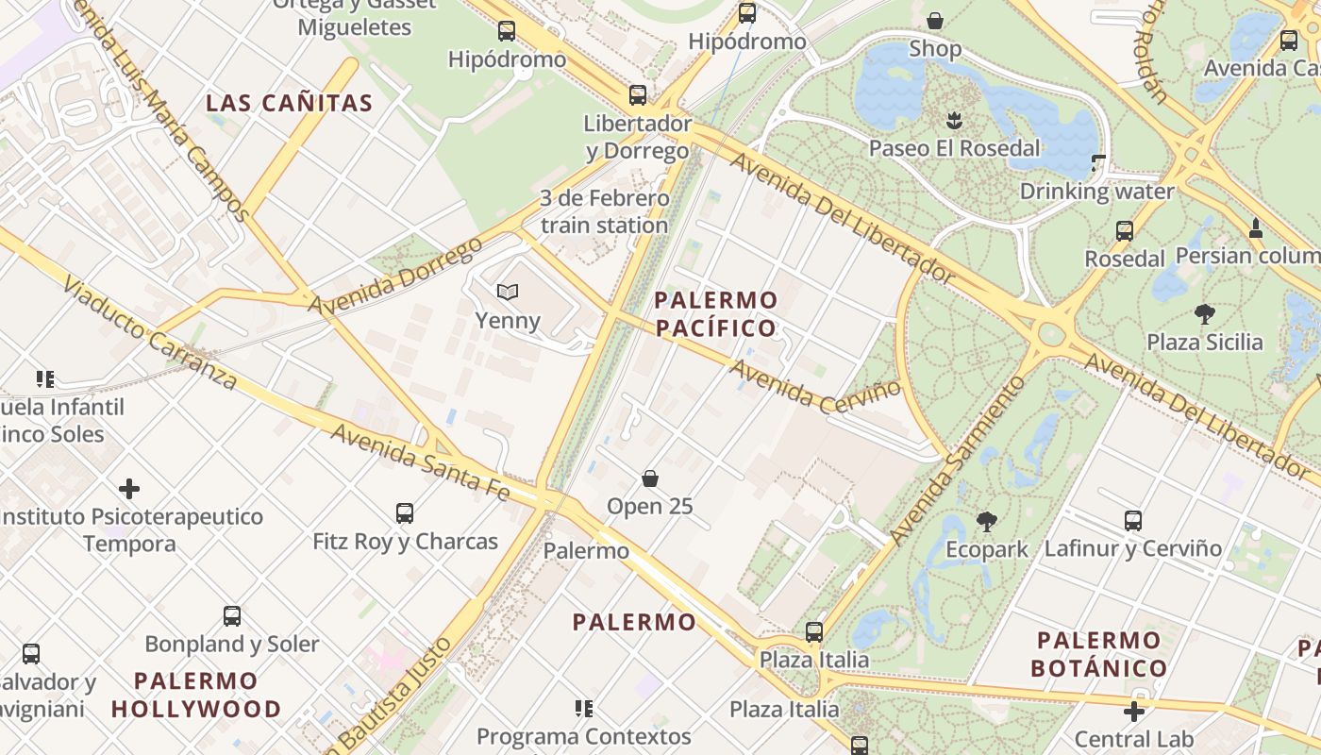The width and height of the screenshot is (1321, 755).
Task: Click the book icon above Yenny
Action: (508, 293)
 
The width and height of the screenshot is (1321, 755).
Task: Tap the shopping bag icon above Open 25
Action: (650, 478)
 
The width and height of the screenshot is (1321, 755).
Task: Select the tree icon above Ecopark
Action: (987, 521)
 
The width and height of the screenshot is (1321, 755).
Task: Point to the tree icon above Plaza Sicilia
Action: (1204, 313)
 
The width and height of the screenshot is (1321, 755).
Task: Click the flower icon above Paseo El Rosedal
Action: (954, 120)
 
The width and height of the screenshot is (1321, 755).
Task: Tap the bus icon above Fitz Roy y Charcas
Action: (405, 513)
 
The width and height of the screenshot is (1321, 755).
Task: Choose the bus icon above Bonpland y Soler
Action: (232, 616)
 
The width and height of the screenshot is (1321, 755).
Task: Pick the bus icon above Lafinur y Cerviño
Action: (1133, 520)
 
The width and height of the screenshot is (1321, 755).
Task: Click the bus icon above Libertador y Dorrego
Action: (638, 95)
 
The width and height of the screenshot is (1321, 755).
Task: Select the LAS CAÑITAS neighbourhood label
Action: (290, 103)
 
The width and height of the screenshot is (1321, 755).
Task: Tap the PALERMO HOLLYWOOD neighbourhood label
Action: (196, 695)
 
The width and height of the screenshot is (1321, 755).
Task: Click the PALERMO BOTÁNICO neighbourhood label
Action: (1098, 654)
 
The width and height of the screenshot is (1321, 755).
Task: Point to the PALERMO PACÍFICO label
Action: (716, 314)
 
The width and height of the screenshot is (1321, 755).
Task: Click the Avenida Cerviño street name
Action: (815, 385)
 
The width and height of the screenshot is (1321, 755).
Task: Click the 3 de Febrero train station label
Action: (604, 212)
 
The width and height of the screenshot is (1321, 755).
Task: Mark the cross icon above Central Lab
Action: (1134, 712)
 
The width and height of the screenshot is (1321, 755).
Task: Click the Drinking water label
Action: (1096, 192)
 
